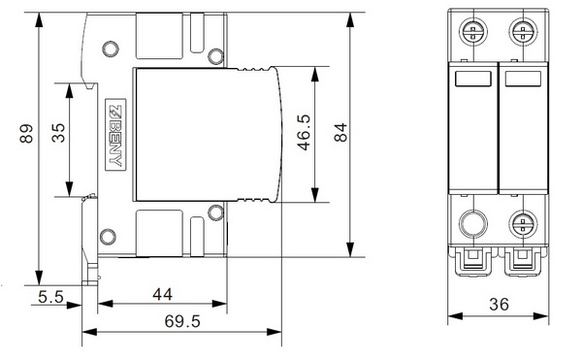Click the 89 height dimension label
click(x=26, y=134)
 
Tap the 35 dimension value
click(x=58, y=133)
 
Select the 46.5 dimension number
click(x=304, y=132)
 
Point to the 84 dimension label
click(x=340, y=132)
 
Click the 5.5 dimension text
click(x=50, y=297)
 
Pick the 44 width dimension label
click(x=163, y=295)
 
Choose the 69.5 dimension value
click(x=182, y=321)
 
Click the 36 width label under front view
click(x=499, y=305)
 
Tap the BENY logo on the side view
click(x=115, y=135)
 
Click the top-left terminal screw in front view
click(x=473, y=32)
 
